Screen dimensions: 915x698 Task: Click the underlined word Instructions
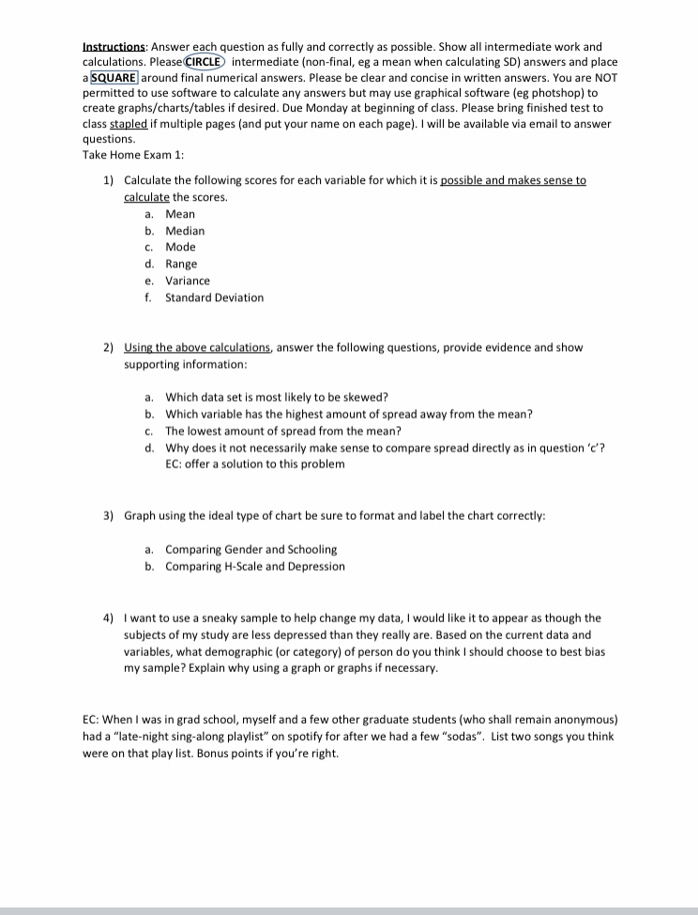click(x=114, y=46)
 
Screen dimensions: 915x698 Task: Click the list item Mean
click(x=180, y=214)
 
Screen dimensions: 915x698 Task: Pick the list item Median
click(x=185, y=231)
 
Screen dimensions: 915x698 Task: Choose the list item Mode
click(x=180, y=247)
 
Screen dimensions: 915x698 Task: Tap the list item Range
click(x=181, y=264)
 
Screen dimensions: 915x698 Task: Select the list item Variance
click(x=188, y=281)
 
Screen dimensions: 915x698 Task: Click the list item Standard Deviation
click(x=214, y=297)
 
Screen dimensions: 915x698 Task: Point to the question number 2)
click(x=109, y=347)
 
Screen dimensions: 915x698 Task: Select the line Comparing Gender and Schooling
click(x=250, y=549)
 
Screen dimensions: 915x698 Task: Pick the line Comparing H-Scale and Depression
click(x=254, y=566)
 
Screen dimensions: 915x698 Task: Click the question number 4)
click(x=109, y=618)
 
